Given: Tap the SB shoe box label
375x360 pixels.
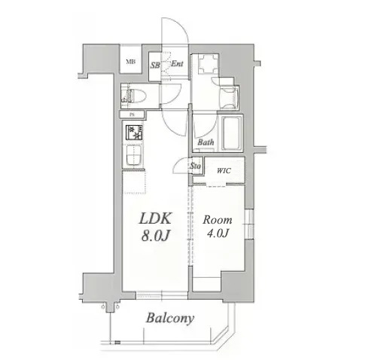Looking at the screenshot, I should click(154, 64).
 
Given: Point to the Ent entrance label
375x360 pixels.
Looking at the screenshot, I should click(177, 63).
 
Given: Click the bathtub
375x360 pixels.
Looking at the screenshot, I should click(230, 133).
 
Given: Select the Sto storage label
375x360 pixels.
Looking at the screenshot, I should click(195, 166).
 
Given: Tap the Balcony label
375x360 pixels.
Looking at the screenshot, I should click(170, 318).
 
